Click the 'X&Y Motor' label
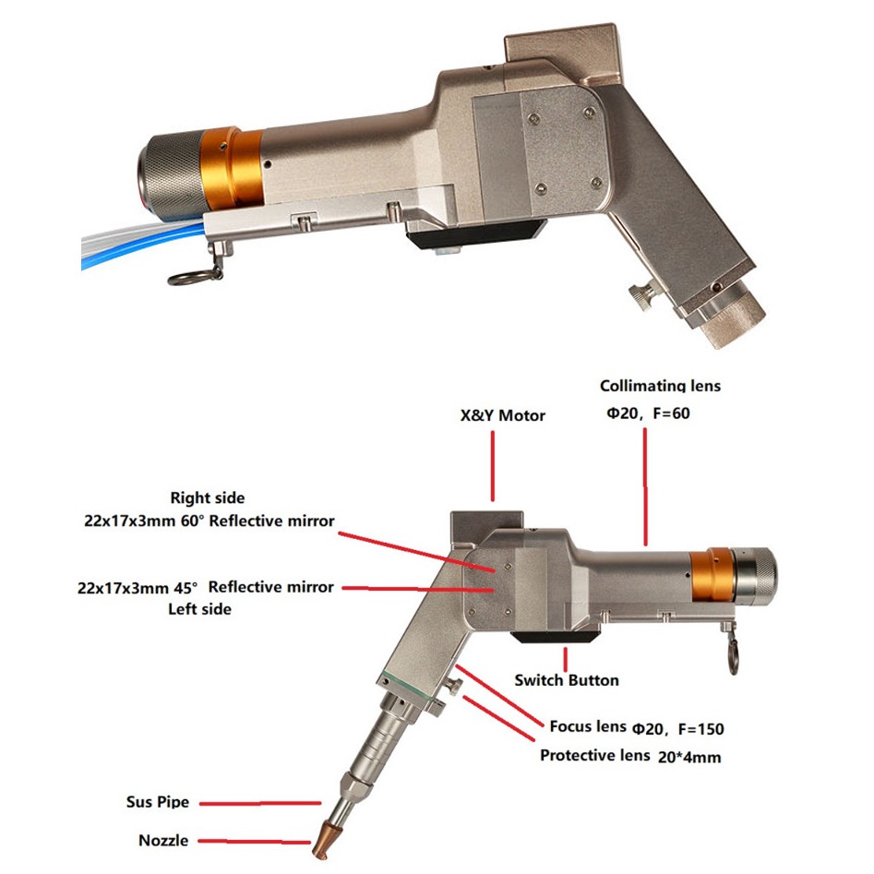click(502, 416)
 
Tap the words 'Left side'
click(199, 609)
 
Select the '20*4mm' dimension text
click(690, 757)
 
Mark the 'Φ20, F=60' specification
click(647, 413)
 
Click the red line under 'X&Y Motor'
click(495, 465)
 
